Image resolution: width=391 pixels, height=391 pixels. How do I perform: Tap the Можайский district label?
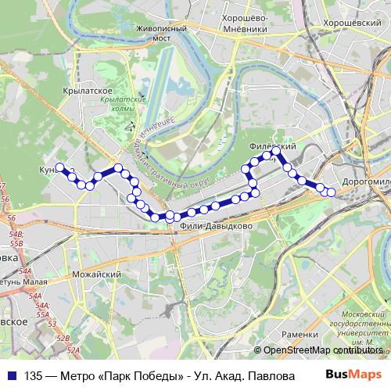(95, 275)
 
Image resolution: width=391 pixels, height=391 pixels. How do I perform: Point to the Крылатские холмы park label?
(125, 106)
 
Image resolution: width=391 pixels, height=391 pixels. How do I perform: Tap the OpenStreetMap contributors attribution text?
(323, 350)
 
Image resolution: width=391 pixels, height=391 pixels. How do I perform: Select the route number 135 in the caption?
(34, 375)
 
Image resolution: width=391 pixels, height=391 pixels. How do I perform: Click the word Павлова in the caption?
(261, 375)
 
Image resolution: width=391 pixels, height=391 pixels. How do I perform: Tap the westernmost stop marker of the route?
(59, 166)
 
